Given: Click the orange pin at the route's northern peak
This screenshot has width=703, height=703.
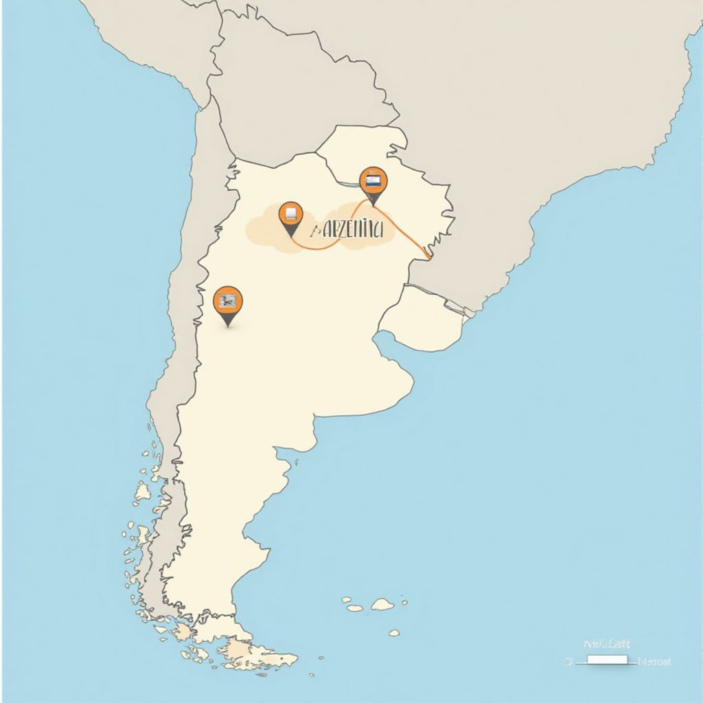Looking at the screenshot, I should (373, 182).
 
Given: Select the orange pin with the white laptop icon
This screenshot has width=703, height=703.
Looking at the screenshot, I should (290, 215).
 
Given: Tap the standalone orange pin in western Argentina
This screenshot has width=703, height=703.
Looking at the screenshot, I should (228, 302).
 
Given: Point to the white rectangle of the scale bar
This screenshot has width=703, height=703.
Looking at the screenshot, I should (607, 660).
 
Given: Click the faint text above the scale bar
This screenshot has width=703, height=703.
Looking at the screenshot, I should (606, 644).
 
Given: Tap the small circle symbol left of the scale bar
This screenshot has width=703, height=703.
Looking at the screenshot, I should (568, 661).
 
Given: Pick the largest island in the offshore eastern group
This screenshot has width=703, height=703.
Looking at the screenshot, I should (382, 604).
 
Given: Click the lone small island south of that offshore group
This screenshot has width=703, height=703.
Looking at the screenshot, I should (393, 632).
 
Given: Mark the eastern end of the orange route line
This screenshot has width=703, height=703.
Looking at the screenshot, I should (429, 257).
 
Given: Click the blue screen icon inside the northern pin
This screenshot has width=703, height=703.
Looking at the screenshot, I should (373, 181).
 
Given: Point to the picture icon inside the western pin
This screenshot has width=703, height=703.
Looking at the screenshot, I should (228, 299).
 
